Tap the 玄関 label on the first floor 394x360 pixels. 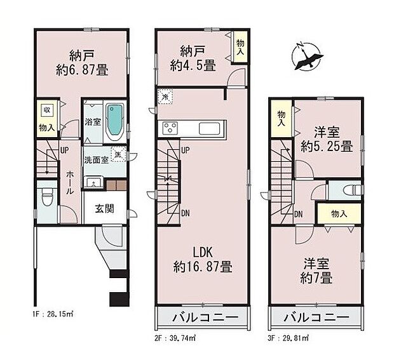coord(105,209)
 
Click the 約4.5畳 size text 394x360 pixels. coord(192,65)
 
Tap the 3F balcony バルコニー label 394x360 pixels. coord(316,317)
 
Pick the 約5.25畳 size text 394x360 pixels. coord(327,146)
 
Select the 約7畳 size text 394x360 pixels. coord(316,277)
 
